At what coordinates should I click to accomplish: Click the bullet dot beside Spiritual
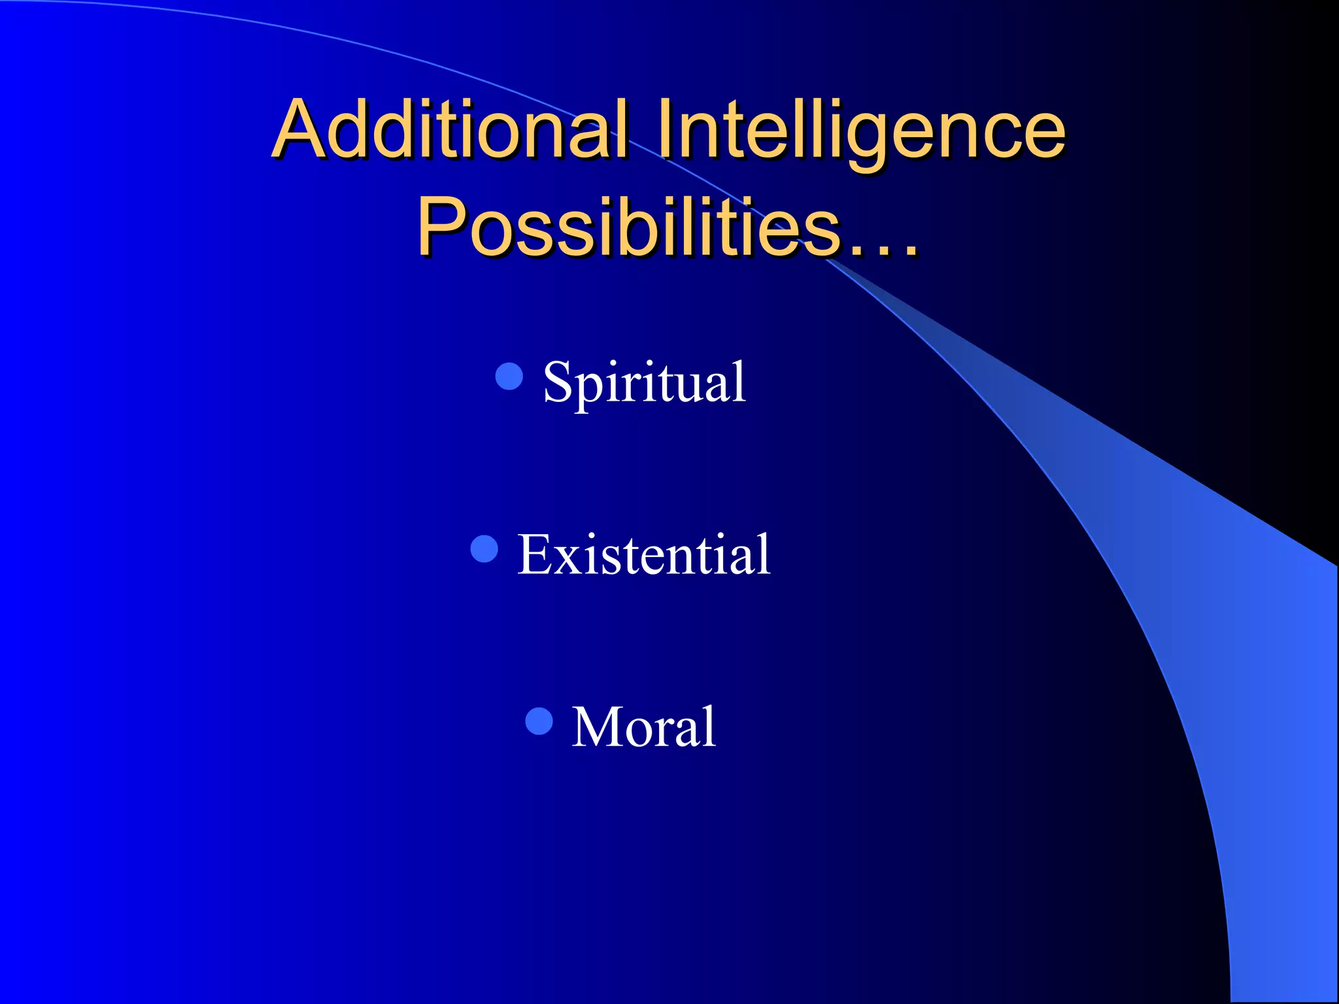tap(509, 376)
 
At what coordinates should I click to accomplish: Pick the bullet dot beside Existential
tap(484, 548)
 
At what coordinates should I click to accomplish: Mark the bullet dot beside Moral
tap(539, 721)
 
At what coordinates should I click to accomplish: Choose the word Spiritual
tap(644, 382)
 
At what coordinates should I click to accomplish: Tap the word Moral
tap(644, 727)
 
